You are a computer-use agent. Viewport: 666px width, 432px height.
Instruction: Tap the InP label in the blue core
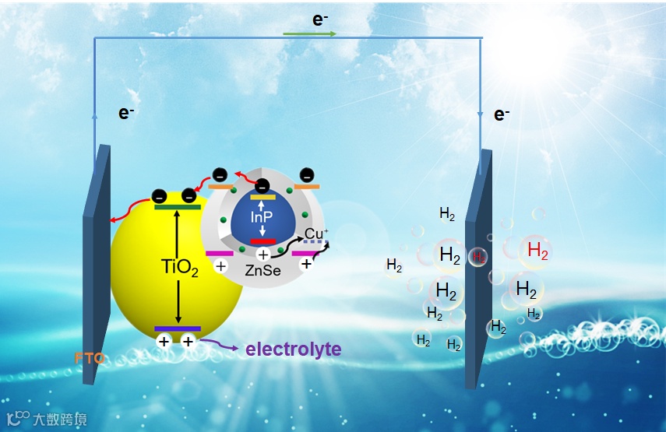[263, 217]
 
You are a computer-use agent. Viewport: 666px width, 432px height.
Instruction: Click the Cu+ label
[315, 234]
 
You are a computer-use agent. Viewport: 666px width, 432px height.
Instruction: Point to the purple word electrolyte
[293, 349]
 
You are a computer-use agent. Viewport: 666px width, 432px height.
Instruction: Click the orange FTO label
[90, 359]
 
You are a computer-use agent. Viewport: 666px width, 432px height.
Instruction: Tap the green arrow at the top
[309, 34]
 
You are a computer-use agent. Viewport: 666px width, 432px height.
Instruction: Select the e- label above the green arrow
[319, 19]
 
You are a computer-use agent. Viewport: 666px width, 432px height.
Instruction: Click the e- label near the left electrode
[125, 113]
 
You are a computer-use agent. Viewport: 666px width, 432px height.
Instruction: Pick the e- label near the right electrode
[501, 115]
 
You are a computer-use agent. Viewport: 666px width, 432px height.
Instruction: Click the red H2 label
[537, 250]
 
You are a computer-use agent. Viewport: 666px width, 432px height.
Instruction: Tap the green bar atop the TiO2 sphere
[178, 207]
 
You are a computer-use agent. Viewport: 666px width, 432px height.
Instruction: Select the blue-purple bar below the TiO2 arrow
[178, 328]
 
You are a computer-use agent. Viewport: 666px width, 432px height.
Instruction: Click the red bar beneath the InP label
[263, 241]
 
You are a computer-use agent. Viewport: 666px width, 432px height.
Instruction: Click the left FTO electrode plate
[96, 265]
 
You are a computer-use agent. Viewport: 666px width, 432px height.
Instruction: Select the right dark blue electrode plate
[477, 272]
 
